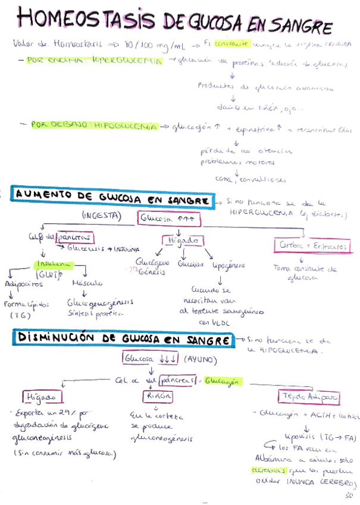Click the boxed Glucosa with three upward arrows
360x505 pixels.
170,219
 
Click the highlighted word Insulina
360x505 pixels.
54,263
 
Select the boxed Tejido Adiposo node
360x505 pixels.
308,396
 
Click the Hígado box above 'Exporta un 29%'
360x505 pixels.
42,396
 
